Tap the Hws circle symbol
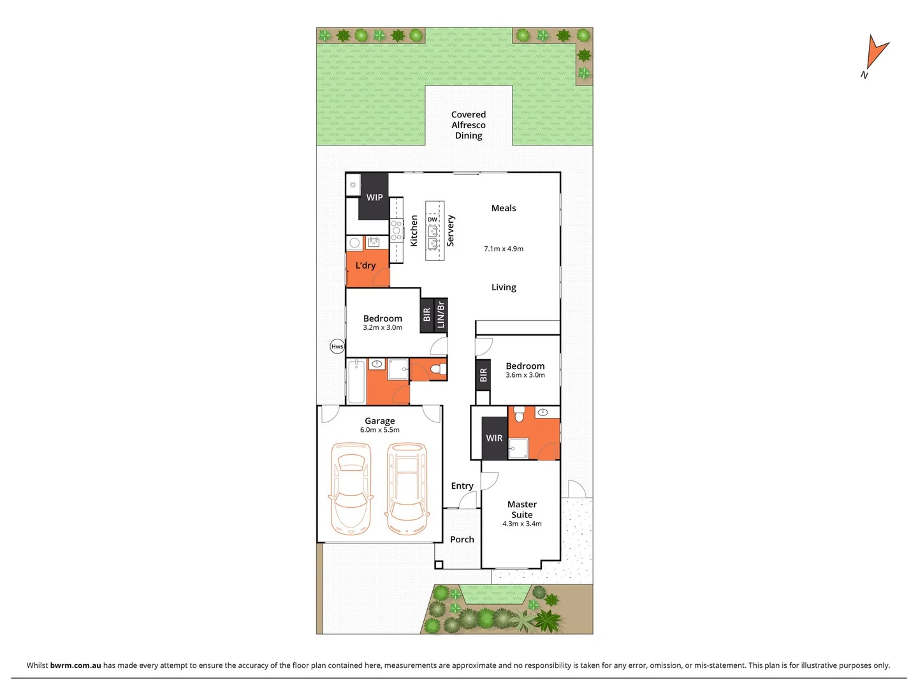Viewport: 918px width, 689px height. point(337,346)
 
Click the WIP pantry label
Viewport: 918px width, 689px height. point(374,197)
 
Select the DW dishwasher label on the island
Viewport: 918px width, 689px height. point(433,219)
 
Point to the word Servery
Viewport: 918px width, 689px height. point(451,230)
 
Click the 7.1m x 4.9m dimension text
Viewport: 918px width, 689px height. point(504,249)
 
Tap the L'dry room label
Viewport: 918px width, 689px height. point(365,265)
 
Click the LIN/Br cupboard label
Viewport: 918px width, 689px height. point(441,315)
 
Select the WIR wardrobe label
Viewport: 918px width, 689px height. point(494,438)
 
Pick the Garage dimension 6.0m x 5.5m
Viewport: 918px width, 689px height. point(380,430)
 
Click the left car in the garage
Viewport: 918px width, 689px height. point(349,489)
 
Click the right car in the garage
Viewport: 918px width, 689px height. point(406,489)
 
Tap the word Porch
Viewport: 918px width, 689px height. point(462,540)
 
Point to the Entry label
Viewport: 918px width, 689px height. point(462,486)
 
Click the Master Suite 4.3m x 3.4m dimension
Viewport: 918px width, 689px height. point(522,524)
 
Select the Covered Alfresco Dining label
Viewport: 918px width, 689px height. point(469,125)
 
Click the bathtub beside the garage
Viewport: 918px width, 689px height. point(356,382)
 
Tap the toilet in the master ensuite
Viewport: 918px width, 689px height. point(520,416)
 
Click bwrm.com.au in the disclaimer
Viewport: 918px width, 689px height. point(75,665)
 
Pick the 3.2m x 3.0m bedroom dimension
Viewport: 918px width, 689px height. point(382,328)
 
